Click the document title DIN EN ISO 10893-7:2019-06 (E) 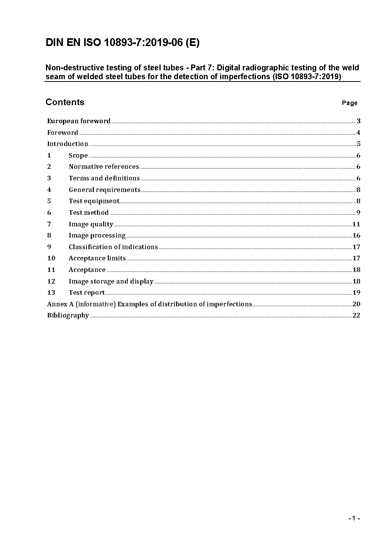122,43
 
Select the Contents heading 65,102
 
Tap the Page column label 349,103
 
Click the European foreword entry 79,121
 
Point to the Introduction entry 68,144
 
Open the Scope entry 78,155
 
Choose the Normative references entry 104,167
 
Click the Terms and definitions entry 104,178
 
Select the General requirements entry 105,190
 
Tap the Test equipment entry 94,201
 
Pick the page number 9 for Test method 358,212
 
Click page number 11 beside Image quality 356,224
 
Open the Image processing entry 97,235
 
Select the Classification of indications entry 113,247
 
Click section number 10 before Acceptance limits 51,258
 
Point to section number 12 51,281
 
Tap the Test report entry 87,292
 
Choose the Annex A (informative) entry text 149,304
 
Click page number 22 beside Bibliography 356,315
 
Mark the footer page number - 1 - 354,518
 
